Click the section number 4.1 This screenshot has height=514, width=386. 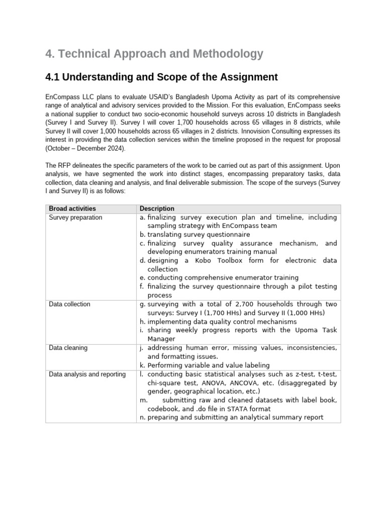54,77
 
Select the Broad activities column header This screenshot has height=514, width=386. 72,208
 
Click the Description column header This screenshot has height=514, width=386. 157,208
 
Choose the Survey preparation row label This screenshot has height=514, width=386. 75,217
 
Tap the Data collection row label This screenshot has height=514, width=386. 70,304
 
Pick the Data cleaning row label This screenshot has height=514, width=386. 68,348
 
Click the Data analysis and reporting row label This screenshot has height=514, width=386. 87,374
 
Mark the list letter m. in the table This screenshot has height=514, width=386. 143,400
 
